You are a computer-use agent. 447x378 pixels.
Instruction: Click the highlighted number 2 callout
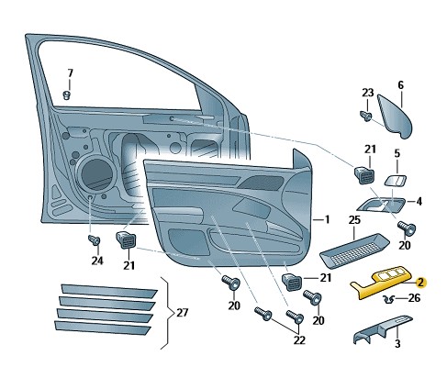(421, 283)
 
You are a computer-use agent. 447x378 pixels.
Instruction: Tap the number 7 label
(71, 73)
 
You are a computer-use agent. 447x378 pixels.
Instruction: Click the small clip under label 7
(67, 95)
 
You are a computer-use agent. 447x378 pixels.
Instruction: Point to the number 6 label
(401, 85)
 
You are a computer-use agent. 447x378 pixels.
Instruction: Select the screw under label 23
(366, 116)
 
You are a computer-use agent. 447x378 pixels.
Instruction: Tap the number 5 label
(397, 153)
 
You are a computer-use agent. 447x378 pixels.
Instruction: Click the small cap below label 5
(396, 181)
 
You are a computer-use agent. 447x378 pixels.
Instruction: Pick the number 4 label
(419, 201)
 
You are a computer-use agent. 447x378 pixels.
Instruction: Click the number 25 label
(354, 220)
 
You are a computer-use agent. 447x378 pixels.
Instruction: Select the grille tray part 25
(354, 250)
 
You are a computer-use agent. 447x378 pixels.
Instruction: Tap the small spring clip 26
(389, 299)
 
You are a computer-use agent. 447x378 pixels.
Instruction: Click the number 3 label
(397, 344)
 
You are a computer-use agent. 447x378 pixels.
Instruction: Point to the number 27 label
(183, 313)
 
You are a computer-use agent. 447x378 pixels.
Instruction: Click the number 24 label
(97, 261)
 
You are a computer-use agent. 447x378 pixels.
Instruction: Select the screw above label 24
(94, 239)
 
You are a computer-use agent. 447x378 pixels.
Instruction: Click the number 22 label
(299, 340)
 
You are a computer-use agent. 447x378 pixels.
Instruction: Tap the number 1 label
(327, 219)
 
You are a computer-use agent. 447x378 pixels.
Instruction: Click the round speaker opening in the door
(96, 173)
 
